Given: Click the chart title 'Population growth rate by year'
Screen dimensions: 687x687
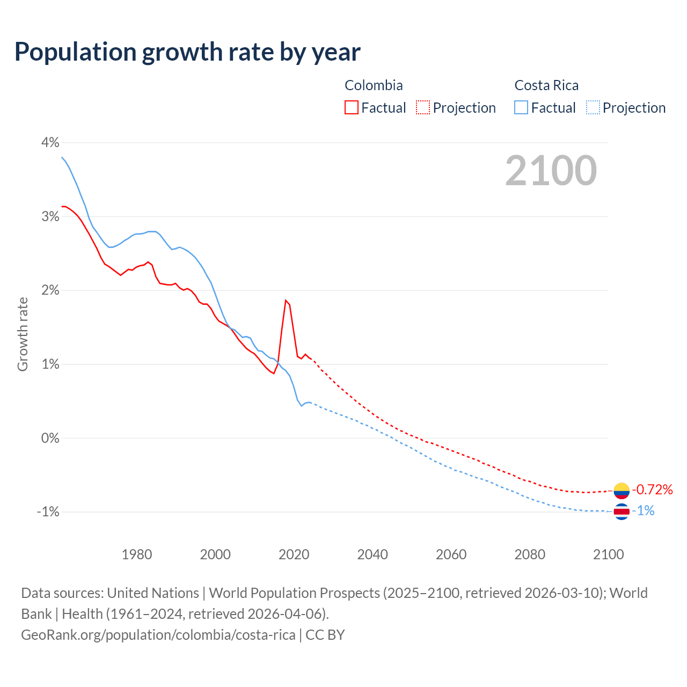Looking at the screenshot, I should coord(187,52).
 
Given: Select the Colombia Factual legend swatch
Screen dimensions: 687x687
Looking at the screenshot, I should coord(352,107).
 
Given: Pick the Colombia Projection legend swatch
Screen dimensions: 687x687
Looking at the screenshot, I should coord(423,107).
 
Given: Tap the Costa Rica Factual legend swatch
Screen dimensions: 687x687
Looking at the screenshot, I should coord(521,107).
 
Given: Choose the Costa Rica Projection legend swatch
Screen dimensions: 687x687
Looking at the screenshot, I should coord(593,107).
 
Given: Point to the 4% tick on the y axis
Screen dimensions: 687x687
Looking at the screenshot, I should coord(50,142).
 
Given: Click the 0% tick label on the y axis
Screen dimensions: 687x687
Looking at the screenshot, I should coord(50,438).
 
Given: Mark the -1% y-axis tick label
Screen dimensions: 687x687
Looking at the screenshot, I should coord(48,511).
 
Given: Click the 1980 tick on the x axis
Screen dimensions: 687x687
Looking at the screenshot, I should coord(137,554).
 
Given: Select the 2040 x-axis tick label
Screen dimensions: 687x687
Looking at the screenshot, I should coord(372,554).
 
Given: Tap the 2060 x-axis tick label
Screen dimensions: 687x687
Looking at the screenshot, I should coord(451,554).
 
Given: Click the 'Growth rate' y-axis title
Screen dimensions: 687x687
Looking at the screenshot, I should coord(23,334).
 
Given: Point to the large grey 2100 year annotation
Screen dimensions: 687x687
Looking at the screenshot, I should coord(551,170).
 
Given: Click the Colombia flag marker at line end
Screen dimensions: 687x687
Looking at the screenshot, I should coord(622,490).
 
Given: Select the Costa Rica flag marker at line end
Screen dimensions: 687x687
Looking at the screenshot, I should coord(622,511).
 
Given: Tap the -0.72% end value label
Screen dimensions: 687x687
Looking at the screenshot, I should coord(652,489).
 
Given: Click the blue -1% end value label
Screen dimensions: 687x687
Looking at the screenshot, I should coord(644,511).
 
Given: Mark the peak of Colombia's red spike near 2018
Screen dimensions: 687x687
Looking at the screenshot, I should coord(286,300).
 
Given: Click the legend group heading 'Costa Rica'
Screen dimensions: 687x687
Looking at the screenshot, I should coord(546,85).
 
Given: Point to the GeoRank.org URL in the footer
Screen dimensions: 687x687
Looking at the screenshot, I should coord(158,635).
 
